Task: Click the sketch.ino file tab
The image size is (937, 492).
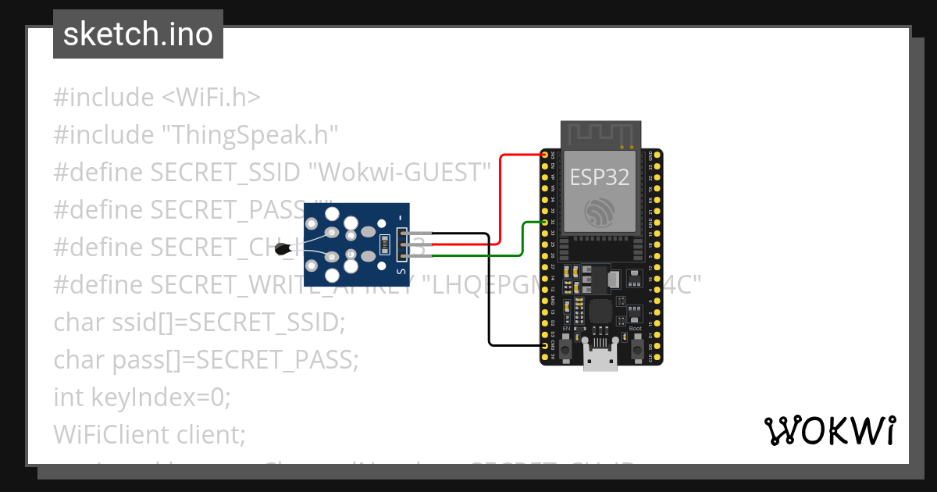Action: (x=137, y=35)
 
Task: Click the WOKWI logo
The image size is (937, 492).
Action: (x=829, y=430)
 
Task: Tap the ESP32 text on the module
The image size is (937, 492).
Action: (x=599, y=177)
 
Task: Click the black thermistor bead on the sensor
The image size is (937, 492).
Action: (x=282, y=249)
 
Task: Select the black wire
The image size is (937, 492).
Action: (x=490, y=297)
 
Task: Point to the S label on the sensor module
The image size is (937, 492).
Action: (x=401, y=271)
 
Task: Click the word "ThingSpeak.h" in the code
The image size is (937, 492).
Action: (x=249, y=135)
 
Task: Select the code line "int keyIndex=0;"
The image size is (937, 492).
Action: (x=142, y=398)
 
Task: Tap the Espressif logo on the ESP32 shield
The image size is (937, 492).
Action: (x=600, y=212)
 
